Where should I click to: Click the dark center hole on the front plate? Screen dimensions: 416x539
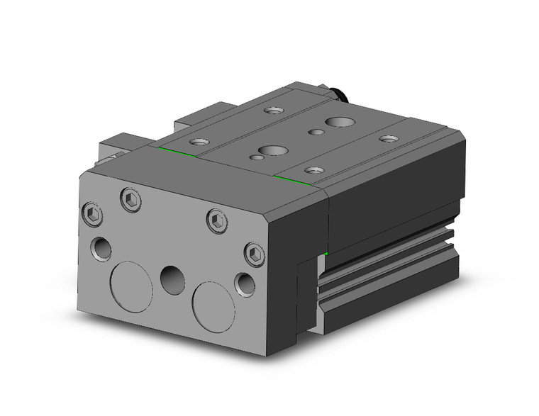[x=172, y=279]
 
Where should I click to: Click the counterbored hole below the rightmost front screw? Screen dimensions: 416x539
[x=245, y=283]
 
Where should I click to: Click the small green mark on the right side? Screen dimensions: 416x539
[x=326, y=254]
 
